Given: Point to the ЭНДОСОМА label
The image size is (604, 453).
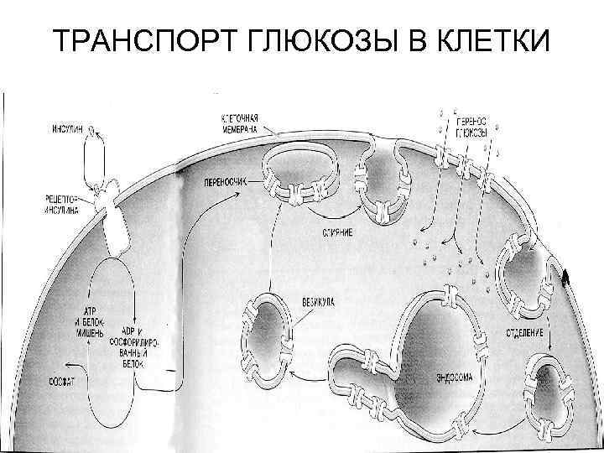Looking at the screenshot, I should pyautogui.click(x=454, y=377).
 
